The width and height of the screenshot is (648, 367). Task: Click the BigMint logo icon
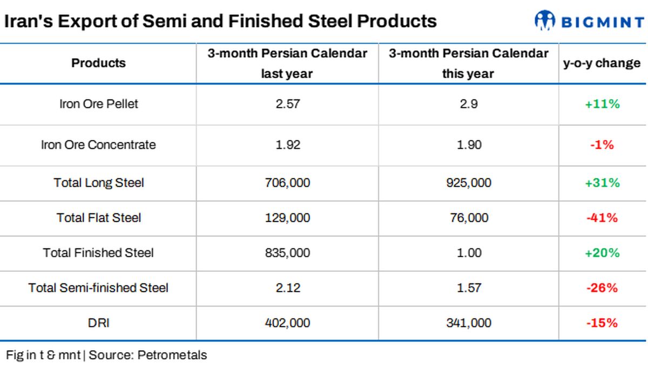(545, 21)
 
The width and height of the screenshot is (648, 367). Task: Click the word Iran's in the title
(28, 21)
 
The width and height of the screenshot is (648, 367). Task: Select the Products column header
(98, 63)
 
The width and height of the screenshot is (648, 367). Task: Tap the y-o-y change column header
(602, 63)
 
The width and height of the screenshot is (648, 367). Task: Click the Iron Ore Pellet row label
(98, 104)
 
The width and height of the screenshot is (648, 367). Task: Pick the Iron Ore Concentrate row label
(98, 145)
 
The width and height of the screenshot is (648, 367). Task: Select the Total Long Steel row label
(98, 183)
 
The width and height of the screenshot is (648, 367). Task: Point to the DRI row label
(98, 323)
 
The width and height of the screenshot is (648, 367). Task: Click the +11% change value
(602, 104)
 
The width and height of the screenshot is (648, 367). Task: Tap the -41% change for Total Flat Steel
(602, 218)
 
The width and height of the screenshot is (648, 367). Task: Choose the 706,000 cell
(287, 183)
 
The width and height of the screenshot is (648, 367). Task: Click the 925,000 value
(469, 183)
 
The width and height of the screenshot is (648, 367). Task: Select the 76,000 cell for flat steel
(469, 218)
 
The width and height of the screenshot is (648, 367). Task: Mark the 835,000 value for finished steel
(287, 253)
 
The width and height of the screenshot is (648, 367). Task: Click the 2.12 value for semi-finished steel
(288, 288)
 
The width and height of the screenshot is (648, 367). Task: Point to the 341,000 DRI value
(469, 323)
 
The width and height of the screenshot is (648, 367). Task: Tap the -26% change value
(602, 288)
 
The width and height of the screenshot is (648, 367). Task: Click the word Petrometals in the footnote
(172, 355)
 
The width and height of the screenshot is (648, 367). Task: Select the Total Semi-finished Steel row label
(98, 288)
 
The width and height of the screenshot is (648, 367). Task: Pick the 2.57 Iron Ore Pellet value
(288, 104)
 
